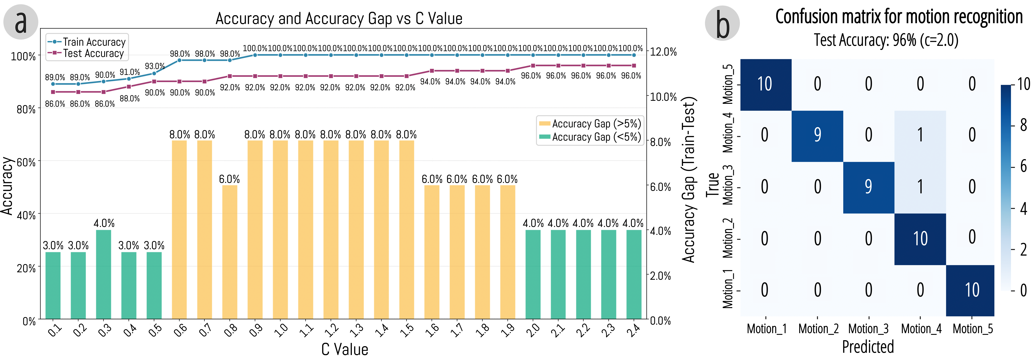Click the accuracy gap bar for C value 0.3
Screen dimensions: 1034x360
(x=103, y=275)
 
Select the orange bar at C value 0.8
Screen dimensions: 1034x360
(x=230, y=252)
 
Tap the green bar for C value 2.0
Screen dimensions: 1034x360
(x=533, y=275)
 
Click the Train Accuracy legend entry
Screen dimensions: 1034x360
(x=86, y=42)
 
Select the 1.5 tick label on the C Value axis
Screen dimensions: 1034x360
(x=407, y=330)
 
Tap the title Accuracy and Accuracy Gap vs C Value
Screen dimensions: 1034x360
(x=339, y=18)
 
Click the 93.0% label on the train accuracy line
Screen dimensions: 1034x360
(x=155, y=66)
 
